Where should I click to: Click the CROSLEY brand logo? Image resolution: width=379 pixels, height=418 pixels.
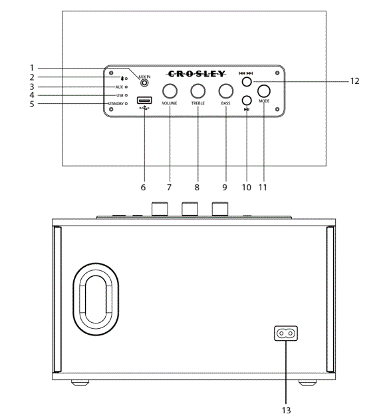(196, 74)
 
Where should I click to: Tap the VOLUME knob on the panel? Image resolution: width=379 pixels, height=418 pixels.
(170, 91)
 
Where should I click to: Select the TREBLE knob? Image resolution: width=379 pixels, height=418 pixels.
(197, 91)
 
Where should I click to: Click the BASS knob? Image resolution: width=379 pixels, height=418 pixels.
(226, 91)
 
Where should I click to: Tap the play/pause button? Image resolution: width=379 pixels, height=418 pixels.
(247, 101)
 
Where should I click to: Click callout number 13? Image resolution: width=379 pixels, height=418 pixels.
(287, 410)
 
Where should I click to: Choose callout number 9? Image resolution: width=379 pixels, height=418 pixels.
(226, 188)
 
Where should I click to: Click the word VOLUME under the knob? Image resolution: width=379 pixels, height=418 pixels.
(170, 104)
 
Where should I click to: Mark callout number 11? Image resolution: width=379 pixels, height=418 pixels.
(264, 188)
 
